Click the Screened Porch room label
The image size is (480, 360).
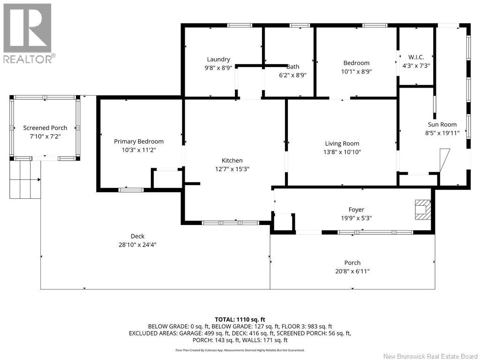[x=45, y=127]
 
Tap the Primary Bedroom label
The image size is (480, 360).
[x=139, y=141]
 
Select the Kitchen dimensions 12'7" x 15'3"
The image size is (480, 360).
[x=232, y=169]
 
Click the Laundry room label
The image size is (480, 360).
[x=218, y=60]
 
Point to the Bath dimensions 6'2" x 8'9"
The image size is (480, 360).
[x=292, y=75]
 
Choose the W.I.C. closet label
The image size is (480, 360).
[x=416, y=57]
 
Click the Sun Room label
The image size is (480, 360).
[x=442, y=124]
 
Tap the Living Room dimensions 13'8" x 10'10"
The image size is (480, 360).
[x=342, y=152]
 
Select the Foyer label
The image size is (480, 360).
[x=356, y=210]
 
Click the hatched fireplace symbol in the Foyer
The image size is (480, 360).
[x=423, y=210]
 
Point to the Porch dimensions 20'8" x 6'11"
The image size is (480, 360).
[x=352, y=271]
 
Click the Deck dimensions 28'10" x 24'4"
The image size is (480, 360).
[x=137, y=245]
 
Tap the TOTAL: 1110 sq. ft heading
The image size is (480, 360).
[x=240, y=320]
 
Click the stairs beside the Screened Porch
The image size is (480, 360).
[x=25, y=180]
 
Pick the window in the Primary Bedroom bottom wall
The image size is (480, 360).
[x=131, y=190]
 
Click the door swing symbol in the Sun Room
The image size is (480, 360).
[x=444, y=160]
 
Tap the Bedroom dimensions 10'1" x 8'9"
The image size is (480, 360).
[x=356, y=71]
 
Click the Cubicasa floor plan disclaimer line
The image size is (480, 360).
[x=240, y=350]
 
